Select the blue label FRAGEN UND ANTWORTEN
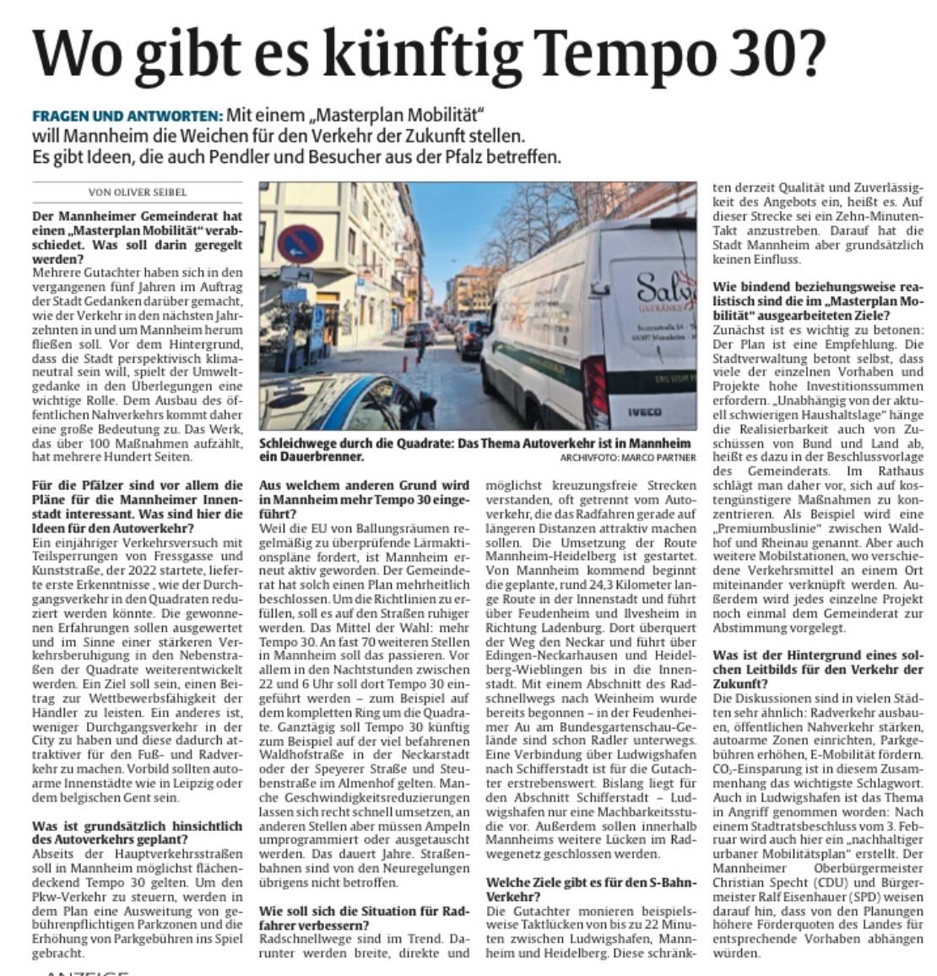click(127, 116)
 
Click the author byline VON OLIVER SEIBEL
click(137, 192)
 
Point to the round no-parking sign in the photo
click(300, 243)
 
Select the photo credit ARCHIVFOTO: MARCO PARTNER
click(627, 457)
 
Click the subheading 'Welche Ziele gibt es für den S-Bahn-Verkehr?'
click(591, 889)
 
